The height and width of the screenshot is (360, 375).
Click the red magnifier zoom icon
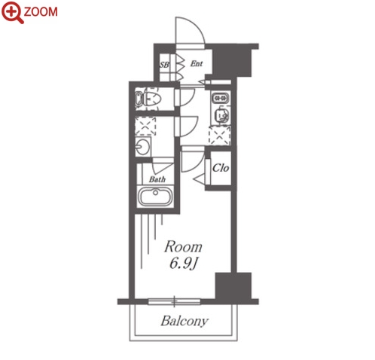12,12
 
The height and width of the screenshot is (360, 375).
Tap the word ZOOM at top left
41,12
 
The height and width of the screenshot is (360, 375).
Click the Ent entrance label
197,63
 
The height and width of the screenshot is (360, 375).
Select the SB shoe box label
164,65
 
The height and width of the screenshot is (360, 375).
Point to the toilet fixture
148,99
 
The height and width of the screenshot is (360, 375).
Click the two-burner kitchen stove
221,98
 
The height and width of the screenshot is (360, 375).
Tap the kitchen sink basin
221,115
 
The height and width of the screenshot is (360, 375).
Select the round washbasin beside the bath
142,146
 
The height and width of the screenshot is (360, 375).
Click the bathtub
156,197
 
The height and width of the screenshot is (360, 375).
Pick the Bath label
157,179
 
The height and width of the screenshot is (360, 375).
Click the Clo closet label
221,168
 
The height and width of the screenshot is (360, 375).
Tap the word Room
183,247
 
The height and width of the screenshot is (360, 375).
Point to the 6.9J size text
183,264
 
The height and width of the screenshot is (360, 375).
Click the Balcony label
184,321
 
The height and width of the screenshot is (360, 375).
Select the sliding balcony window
174,301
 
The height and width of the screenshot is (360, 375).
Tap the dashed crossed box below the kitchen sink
220,136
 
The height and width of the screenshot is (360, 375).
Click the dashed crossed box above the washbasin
145,126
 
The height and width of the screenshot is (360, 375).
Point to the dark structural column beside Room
233,285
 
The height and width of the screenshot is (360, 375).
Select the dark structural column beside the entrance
232,63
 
